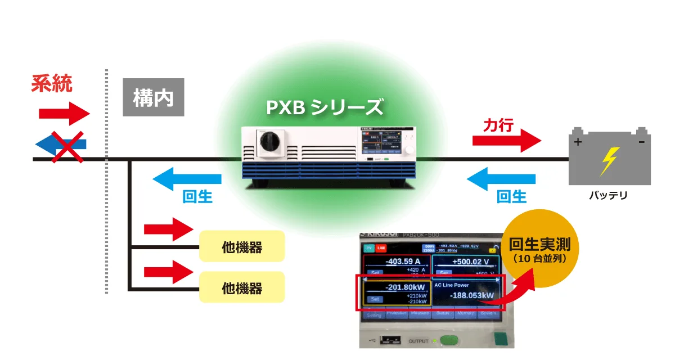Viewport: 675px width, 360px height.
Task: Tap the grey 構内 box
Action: point(153,97)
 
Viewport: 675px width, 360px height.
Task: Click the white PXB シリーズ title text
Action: point(325,107)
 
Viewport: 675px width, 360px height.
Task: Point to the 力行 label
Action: point(498,125)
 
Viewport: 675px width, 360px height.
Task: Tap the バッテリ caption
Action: point(607,196)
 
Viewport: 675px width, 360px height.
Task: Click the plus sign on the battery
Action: point(577,142)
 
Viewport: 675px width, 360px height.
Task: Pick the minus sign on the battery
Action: point(641,142)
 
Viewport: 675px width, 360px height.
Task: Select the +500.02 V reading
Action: point(466,262)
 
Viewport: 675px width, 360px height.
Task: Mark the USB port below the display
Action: point(387,340)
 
